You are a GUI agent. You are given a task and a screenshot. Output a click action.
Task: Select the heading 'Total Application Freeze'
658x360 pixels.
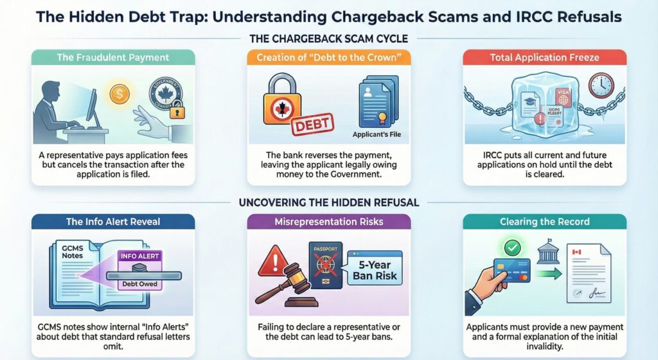[x=544, y=57]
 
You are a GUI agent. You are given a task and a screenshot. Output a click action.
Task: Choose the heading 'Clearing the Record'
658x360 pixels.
[x=544, y=222]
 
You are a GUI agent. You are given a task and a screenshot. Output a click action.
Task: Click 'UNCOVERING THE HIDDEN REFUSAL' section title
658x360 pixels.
[x=328, y=203]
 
